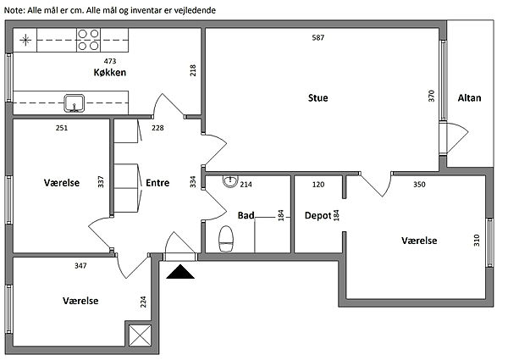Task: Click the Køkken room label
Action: [x=110, y=74]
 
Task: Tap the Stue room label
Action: [x=317, y=98]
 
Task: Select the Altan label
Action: [x=469, y=98]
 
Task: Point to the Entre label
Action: [x=157, y=182]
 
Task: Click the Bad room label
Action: [x=246, y=216]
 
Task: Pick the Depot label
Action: [x=317, y=216]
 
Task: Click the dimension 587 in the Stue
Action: [x=317, y=38]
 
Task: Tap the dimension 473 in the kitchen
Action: [x=110, y=62]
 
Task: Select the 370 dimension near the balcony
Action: [x=432, y=96]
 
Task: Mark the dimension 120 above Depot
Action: [x=318, y=184]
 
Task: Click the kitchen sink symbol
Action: [x=75, y=104]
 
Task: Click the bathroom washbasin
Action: [x=229, y=182]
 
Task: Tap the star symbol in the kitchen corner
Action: [x=26, y=39]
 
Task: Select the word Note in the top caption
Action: [x=14, y=9]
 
